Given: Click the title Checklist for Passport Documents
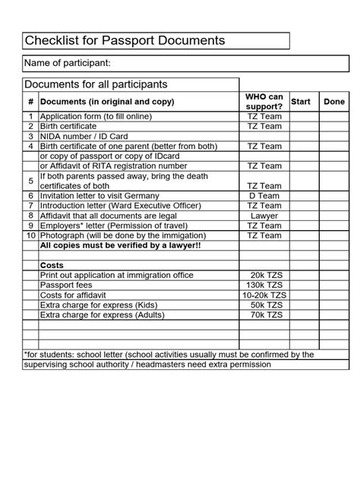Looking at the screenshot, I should pyautogui.click(x=125, y=40).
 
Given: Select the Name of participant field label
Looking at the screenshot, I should pyautogui.click(x=68, y=62).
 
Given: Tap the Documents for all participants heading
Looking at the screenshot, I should pyautogui.click(x=96, y=84).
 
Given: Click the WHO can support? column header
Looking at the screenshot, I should pyautogui.click(x=264, y=101).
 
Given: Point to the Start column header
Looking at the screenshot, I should pyautogui.click(x=301, y=102).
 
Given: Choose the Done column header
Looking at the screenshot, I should pyautogui.click(x=334, y=102).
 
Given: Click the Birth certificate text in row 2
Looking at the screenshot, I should pyautogui.click(x=68, y=126).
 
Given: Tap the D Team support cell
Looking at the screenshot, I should pyautogui.click(x=264, y=196).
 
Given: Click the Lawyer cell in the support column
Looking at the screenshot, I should pyautogui.click(x=264, y=216).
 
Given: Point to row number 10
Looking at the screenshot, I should pyautogui.click(x=31, y=235).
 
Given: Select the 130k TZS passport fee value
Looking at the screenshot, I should pyautogui.click(x=264, y=285).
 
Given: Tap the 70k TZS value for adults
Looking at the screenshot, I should pyautogui.click(x=264, y=314).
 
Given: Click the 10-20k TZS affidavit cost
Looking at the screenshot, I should pyautogui.click(x=264, y=295).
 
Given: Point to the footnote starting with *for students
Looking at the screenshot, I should pyautogui.click(x=169, y=355).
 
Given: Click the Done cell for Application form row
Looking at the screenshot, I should pyautogui.click(x=334, y=116).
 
